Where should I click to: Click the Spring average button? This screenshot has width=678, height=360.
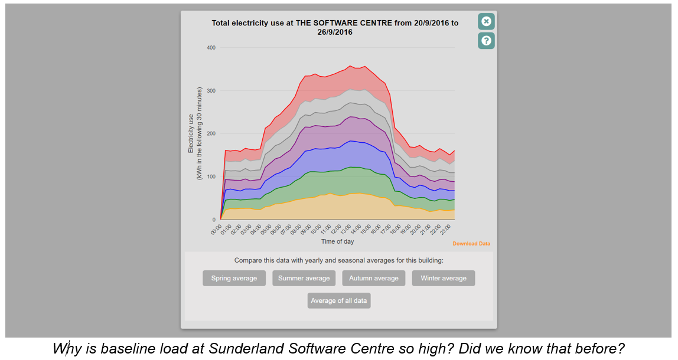click(x=234, y=278)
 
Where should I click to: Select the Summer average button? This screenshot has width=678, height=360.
click(x=304, y=278)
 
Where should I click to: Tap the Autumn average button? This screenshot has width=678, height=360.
click(x=374, y=278)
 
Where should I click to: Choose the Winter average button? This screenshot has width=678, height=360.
click(x=443, y=278)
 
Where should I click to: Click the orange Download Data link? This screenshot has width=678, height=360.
click(x=471, y=244)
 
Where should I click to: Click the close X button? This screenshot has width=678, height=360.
click(x=486, y=22)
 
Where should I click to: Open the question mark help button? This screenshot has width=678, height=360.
click(x=486, y=41)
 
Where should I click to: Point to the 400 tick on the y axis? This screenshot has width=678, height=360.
click(x=211, y=48)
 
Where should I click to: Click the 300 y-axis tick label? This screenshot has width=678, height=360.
click(x=211, y=91)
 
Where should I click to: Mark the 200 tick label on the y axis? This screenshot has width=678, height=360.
click(x=211, y=134)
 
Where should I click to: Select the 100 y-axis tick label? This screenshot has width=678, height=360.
click(x=211, y=177)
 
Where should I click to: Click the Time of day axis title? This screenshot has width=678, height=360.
click(x=338, y=241)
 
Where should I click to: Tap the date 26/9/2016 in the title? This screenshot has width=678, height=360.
click(x=335, y=32)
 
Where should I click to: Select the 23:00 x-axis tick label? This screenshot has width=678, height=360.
click(x=450, y=229)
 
